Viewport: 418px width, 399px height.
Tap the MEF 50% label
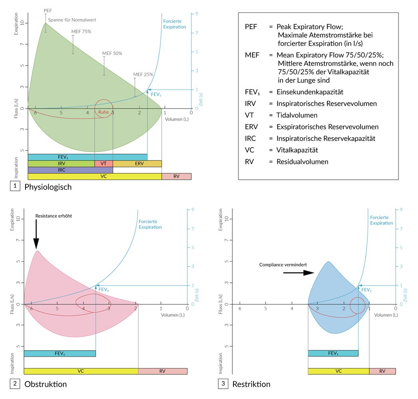(112, 53)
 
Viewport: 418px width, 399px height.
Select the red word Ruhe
(103, 112)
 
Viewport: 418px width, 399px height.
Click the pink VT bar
(103, 164)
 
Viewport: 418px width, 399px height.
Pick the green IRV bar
(61, 164)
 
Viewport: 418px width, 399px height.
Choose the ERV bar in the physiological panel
(137, 164)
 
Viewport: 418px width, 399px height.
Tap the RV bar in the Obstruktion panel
(162, 371)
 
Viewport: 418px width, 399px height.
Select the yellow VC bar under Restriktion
(339, 371)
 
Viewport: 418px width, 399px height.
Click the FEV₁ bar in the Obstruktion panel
(60, 353)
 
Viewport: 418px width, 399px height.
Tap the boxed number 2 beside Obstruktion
(15, 384)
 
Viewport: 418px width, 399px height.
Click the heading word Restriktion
(251, 384)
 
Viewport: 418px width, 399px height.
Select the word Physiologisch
(48, 187)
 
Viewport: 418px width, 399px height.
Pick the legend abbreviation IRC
(251, 139)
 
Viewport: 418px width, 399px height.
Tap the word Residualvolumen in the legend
(302, 162)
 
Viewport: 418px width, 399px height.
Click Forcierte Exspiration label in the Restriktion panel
(381, 220)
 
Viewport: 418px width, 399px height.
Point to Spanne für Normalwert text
(72, 20)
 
